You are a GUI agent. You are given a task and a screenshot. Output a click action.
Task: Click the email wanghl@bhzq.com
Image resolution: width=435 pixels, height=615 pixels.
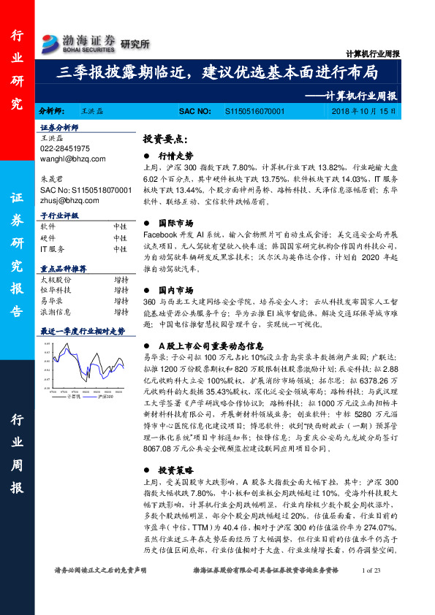tap(72, 158)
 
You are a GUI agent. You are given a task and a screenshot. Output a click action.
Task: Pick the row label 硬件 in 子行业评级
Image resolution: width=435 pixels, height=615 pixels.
tap(48, 237)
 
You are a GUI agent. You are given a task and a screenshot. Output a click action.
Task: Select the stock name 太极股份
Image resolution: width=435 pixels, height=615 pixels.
tap(55, 279)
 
